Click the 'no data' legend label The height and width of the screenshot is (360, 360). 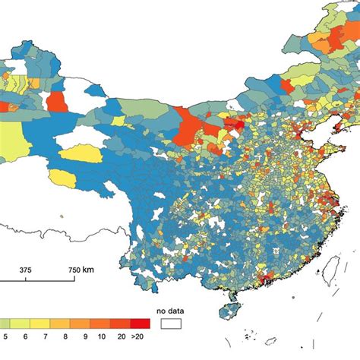(171, 310)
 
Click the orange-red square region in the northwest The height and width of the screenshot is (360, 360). (56, 102)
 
